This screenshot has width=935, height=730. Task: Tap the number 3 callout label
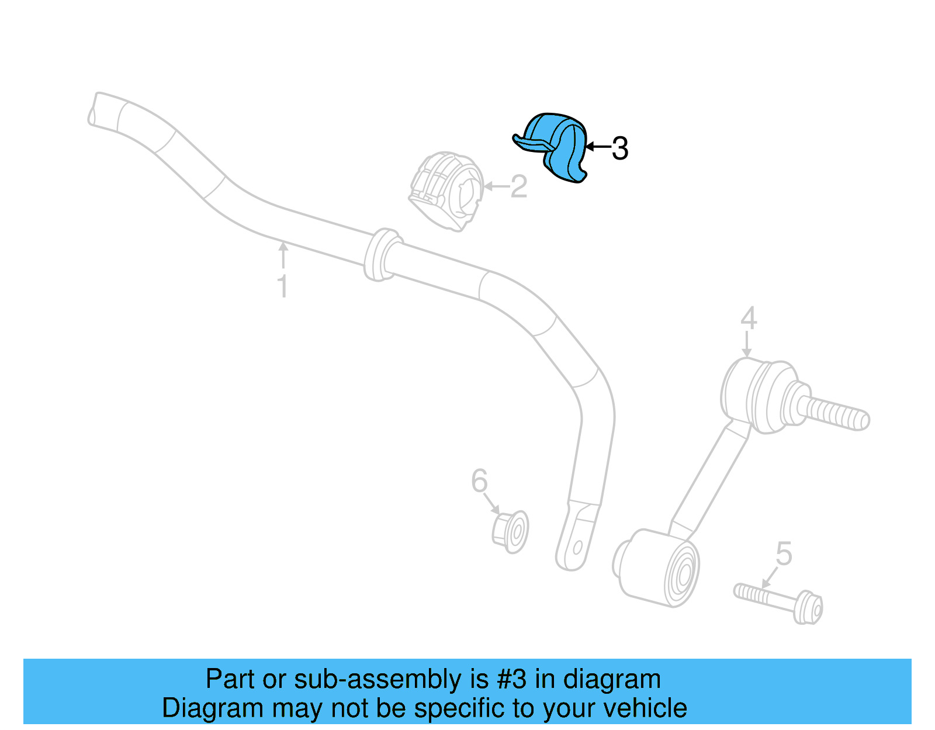(620, 148)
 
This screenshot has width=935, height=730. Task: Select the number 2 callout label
(519, 187)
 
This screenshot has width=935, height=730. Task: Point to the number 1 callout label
(283, 287)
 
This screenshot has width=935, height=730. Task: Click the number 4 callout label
(749, 319)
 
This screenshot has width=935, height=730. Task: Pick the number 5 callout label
(784, 553)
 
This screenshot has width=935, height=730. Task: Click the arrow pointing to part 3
(597, 147)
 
